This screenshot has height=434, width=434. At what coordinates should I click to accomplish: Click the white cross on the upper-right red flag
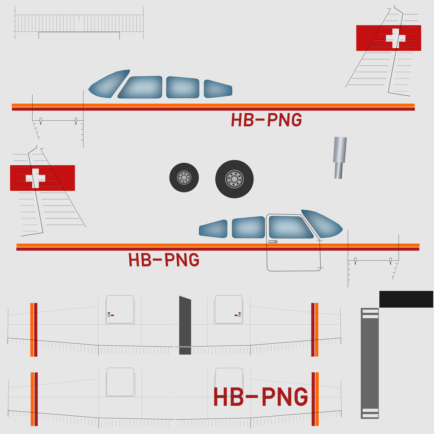click(395, 38)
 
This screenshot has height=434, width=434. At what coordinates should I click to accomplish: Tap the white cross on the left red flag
click(36, 178)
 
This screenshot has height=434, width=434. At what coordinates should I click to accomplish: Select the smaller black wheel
click(184, 178)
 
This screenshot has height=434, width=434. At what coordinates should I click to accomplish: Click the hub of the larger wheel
click(234, 179)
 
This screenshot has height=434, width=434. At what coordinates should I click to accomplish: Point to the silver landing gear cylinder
click(339, 158)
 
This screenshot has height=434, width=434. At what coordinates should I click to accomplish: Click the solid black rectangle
click(406, 299)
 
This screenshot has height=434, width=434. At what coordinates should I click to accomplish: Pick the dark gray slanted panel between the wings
click(185, 325)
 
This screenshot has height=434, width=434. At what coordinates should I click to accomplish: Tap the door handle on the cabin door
click(273, 242)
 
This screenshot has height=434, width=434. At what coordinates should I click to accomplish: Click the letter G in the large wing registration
click(301, 396)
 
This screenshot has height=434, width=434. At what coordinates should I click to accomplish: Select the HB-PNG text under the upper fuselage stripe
click(266, 120)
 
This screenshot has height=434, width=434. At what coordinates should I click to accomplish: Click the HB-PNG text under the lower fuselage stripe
click(164, 260)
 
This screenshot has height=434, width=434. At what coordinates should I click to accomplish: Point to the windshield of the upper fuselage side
click(109, 84)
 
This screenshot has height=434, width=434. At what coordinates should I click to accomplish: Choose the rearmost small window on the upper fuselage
click(218, 89)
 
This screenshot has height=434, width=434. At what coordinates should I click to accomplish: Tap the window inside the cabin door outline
click(291, 227)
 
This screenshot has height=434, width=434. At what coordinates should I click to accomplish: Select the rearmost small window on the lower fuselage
click(213, 228)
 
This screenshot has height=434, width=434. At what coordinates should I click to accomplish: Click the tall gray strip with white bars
click(370, 363)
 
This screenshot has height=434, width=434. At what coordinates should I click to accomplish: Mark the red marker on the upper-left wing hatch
click(112, 315)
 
